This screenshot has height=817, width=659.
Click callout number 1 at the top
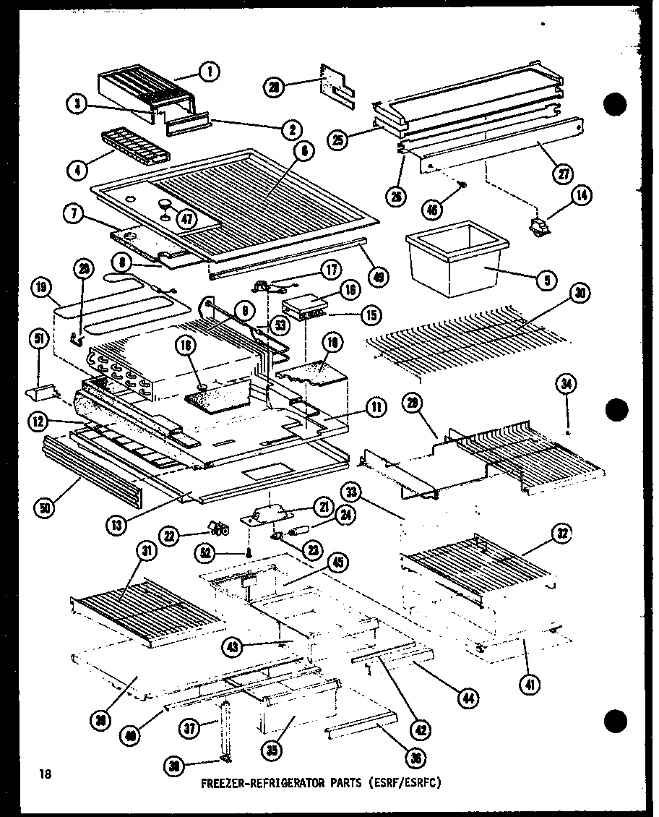point(211,71)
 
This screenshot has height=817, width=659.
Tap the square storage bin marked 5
point(455,260)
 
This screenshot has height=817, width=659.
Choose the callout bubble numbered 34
point(567,385)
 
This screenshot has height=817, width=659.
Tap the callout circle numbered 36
point(416,757)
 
